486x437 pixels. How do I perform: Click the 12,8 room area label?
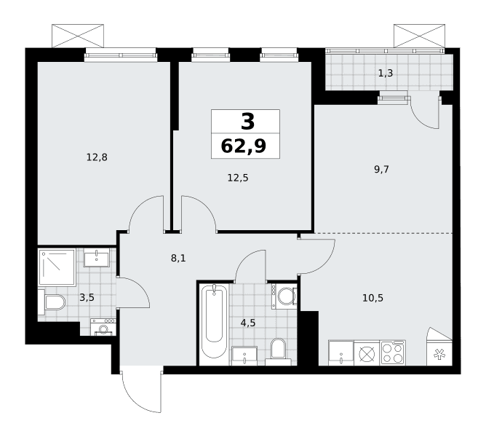[97, 157]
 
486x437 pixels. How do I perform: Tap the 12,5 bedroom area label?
[238, 178]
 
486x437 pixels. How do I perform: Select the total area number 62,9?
[244, 146]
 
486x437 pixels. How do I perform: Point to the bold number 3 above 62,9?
[247, 122]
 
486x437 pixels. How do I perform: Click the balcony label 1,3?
[386, 74]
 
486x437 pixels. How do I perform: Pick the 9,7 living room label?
[381, 170]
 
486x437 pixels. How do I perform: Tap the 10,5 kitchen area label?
[373, 299]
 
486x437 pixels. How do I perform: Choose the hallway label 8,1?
[178, 258]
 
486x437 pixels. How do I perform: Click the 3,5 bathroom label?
[87, 298]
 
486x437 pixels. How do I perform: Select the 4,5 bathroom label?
[248, 323]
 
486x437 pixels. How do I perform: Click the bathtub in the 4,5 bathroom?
[214, 325]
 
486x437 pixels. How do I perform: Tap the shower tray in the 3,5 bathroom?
[57, 267]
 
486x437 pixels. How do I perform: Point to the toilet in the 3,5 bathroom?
[52, 302]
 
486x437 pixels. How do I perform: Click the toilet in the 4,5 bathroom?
[278, 352]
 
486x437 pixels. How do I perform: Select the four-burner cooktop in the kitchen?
[393, 353]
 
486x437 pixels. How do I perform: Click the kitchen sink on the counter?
[341, 353]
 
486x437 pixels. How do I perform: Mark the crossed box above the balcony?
[419, 36]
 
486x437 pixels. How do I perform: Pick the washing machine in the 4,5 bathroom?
[284, 296]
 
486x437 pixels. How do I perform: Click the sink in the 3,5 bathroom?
[97, 257]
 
